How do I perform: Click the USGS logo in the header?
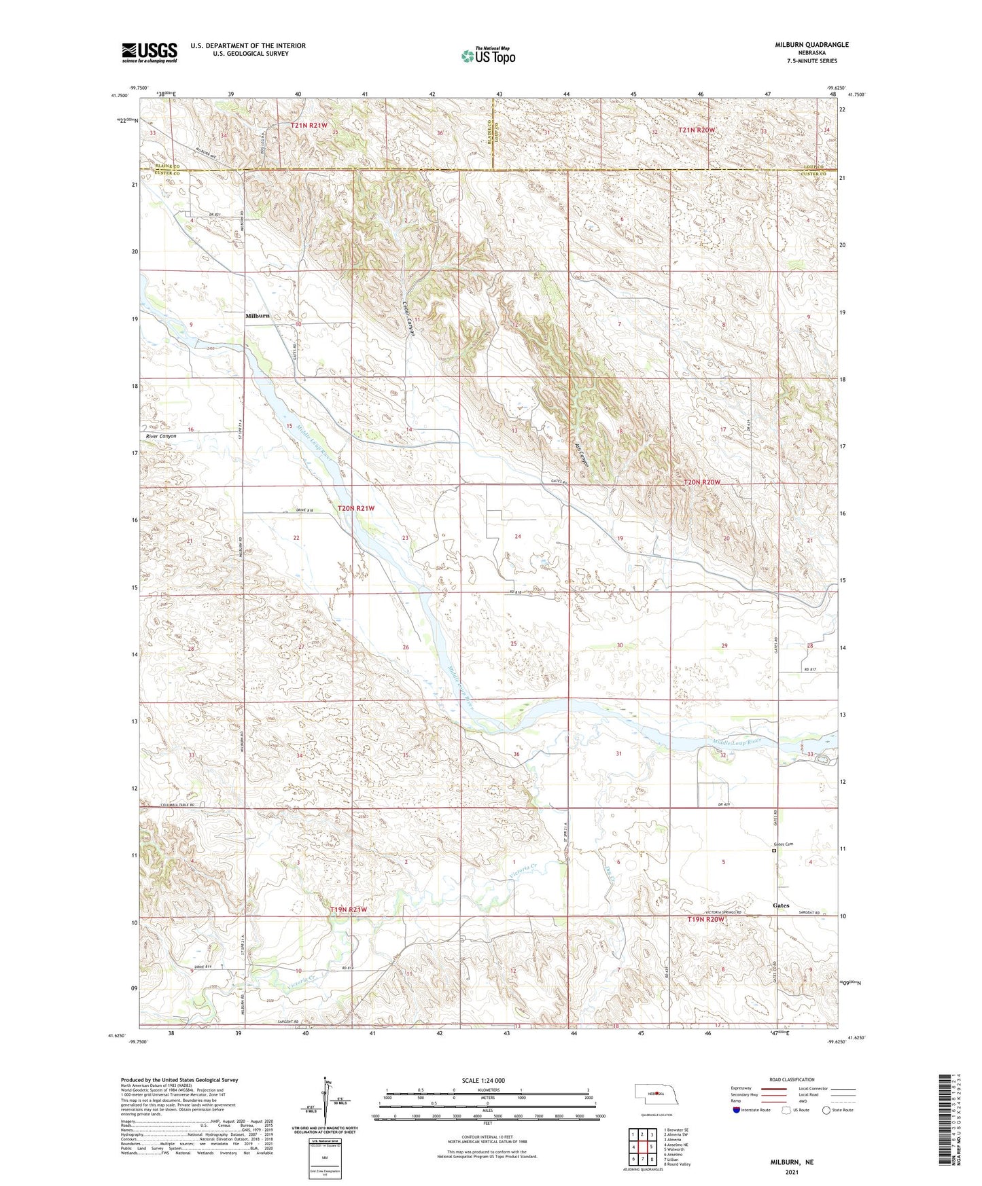(x=150, y=52)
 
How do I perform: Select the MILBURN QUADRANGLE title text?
(x=811, y=45)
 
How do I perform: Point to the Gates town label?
(x=781, y=905)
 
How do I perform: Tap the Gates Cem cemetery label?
(x=784, y=844)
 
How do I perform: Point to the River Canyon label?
(x=161, y=436)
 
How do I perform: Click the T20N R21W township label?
(x=356, y=508)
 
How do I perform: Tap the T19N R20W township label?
(x=705, y=920)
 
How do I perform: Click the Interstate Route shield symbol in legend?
(x=737, y=1110)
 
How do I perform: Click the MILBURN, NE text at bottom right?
(x=792, y=1162)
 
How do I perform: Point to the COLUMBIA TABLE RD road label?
(x=177, y=805)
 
